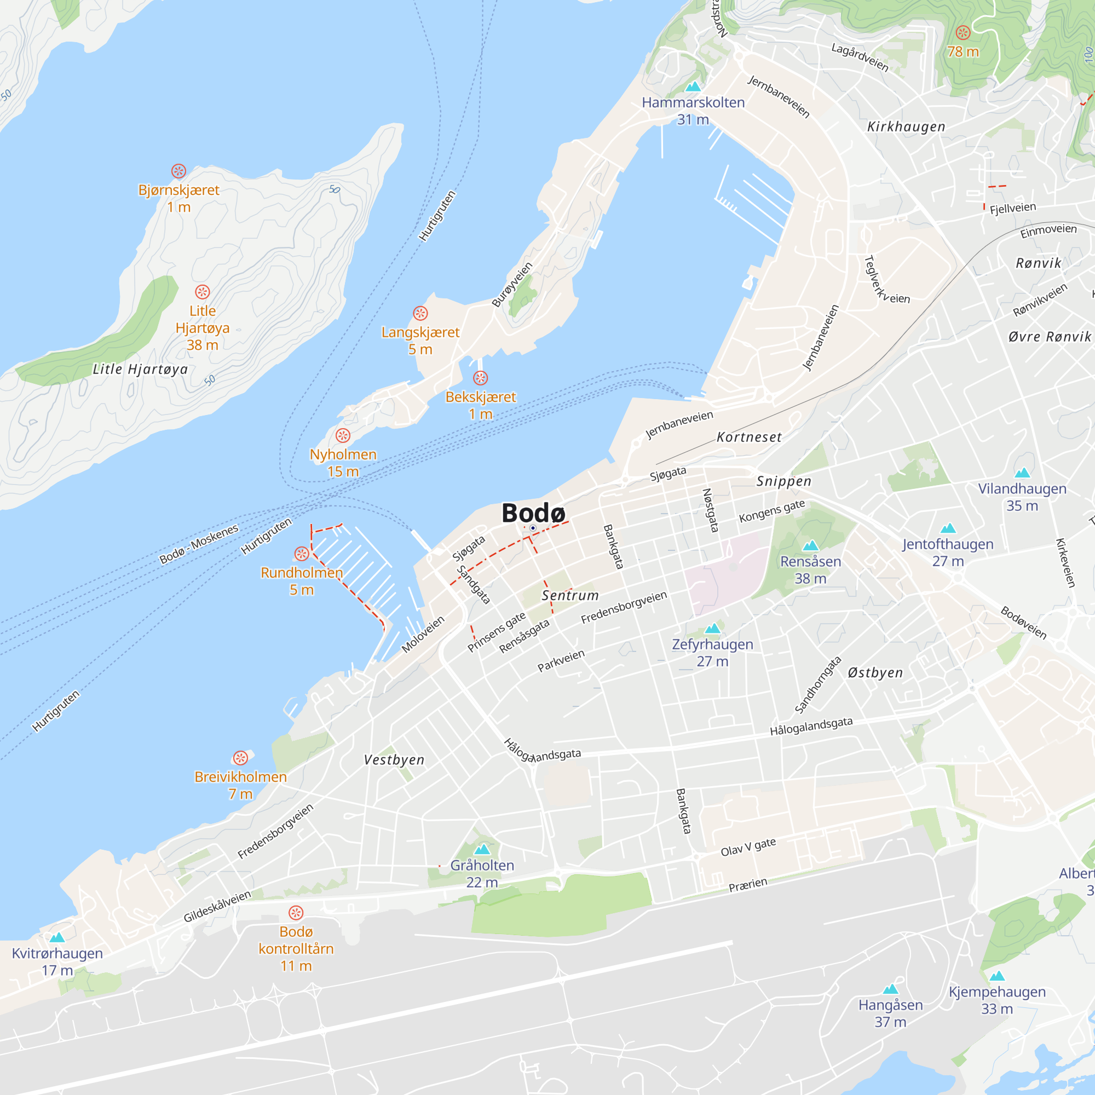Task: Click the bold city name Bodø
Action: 533,513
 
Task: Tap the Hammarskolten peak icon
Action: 693,87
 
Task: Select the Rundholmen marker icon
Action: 302,554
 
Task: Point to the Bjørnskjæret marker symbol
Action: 178,171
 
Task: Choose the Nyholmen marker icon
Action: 343,435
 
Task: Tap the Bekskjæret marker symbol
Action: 480,378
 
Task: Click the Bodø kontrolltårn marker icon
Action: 296,913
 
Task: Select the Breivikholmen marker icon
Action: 240,758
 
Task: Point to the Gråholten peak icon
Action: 482,849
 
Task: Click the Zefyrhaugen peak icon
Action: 712,628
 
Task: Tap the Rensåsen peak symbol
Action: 810,545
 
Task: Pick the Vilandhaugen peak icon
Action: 1022,472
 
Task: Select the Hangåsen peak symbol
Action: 890,989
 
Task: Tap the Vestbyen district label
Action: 394,760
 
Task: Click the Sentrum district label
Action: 570,596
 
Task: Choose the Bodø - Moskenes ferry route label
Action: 199,544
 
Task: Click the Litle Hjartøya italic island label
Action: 140,370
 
